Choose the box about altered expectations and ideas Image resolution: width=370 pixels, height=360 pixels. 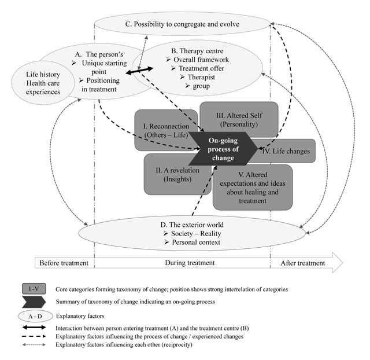[x=256, y=188]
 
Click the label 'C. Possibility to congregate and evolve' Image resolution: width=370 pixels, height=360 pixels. [x=183, y=24]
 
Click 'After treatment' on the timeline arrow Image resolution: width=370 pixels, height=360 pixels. [x=302, y=263]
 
